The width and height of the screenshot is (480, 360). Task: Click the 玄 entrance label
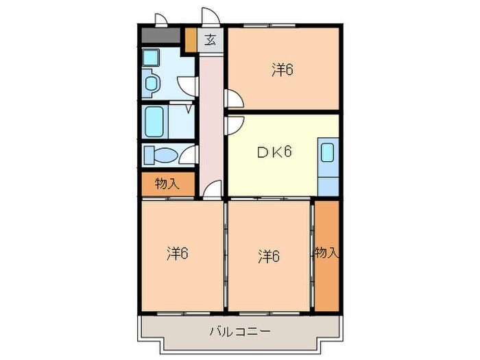[211, 40]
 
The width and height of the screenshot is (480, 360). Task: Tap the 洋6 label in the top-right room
[283, 69]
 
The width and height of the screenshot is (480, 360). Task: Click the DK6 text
[274, 152]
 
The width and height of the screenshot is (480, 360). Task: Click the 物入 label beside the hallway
[167, 184]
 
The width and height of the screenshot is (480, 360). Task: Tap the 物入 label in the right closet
[327, 253]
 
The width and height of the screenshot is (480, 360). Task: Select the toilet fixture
[158, 156]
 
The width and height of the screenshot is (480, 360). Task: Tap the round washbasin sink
[151, 84]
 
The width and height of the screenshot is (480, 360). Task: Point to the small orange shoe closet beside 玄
[191, 39]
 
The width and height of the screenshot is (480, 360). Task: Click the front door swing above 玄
[208, 16]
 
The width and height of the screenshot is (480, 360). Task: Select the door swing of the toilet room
[187, 156]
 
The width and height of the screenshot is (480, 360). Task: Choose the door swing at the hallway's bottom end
[213, 189]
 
